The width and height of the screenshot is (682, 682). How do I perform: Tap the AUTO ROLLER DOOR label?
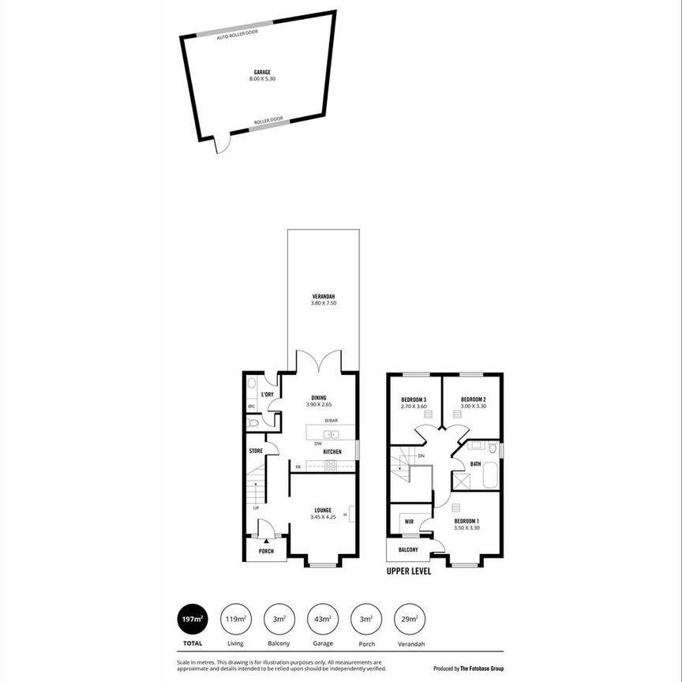[x=237, y=35]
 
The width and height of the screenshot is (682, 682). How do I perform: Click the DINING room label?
[x=318, y=398]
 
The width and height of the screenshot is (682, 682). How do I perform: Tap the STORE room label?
[x=256, y=451]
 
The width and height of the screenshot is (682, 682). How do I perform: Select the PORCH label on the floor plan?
[x=266, y=551]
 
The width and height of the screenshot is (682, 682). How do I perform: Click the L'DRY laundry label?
[x=267, y=394]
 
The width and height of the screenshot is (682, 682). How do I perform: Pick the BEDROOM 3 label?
[x=414, y=399]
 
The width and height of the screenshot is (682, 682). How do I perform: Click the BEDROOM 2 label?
[x=473, y=399]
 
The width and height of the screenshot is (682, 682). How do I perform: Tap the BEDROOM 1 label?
[x=467, y=521]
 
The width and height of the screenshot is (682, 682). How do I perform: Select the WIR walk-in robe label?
[x=409, y=522]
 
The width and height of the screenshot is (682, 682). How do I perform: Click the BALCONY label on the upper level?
[x=407, y=549]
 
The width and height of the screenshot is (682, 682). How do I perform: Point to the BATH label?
[x=475, y=464]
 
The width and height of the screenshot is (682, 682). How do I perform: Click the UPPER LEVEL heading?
[x=409, y=571]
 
